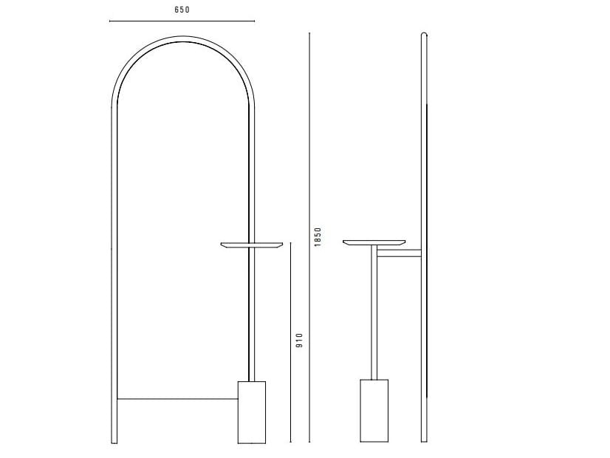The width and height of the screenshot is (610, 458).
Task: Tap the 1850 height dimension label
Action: click(x=318, y=236)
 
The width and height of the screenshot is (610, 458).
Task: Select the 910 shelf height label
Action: click(x=299, y=341)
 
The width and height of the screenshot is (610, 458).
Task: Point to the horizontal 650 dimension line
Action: click(x=182, y=22)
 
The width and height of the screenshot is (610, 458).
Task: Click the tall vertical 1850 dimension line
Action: click(x=309, y=236)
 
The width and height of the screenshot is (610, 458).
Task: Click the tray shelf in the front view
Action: click(x=252, y=245)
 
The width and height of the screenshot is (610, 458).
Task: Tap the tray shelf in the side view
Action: click(x=374, y=242)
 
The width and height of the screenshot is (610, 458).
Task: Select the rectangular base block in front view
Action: click(x=251, y=411)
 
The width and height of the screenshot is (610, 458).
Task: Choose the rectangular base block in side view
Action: click(x=374, y=411)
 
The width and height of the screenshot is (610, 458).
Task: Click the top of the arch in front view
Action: click(x=182, y=41)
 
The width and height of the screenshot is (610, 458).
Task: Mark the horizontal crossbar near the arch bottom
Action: click(x=177, y=400)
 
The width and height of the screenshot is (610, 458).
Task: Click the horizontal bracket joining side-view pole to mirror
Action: click(x=399, y=255)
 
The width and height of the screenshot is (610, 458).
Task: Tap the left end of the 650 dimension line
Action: click(x=110, y=22)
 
